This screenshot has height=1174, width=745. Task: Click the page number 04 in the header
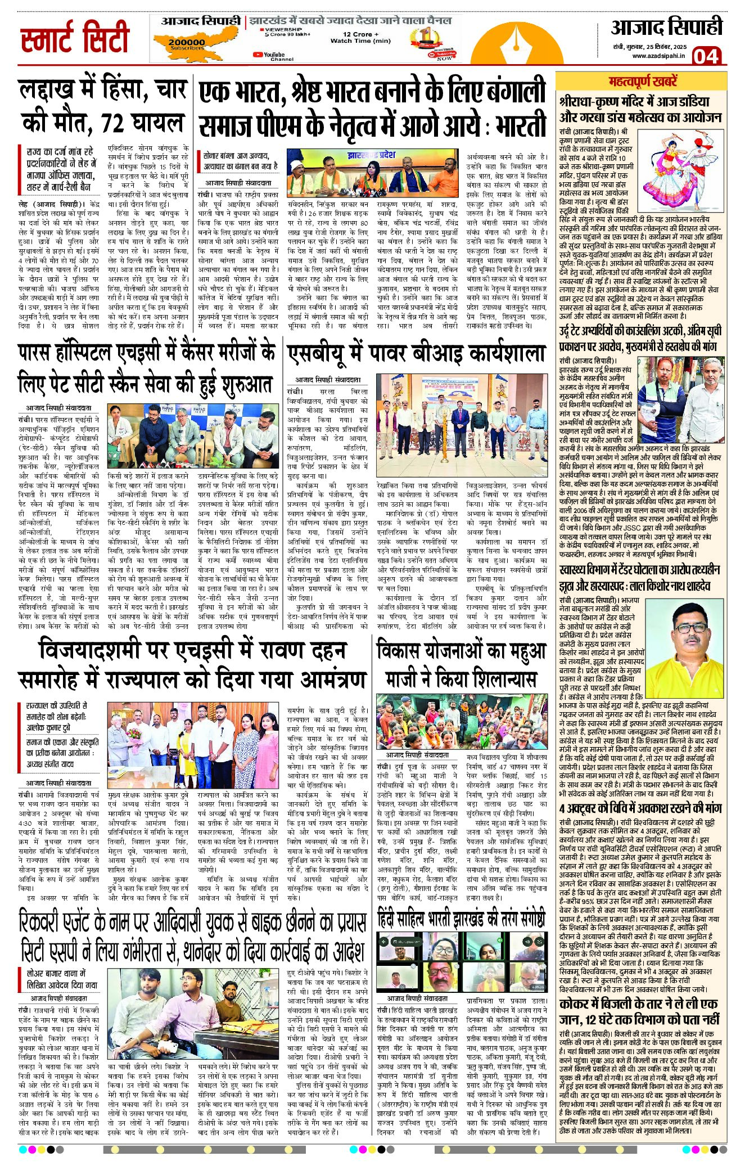[x=706, y=56]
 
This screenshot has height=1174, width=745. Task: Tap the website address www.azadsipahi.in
[x=658, y=56]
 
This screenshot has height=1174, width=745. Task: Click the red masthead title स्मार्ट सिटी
[x=75, y=38]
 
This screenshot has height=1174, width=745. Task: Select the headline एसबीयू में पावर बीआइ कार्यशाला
[x=417, y=353]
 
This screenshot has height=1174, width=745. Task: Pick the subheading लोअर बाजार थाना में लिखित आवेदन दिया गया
[x=61, y=979]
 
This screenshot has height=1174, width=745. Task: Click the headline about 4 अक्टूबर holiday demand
[x=640, y=808]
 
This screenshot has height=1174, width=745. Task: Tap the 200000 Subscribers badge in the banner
[x=186, y=43]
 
